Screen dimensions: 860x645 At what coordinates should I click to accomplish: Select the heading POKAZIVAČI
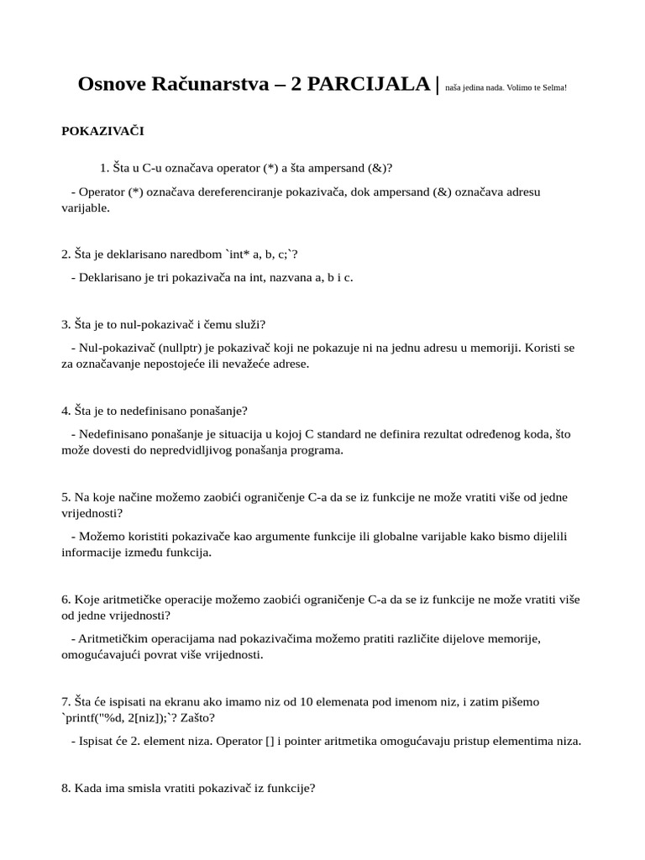[x=103, y=131]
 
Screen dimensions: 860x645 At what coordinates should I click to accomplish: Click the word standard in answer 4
[x=340, y=434]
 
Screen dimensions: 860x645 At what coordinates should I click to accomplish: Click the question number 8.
[x=66, y=788]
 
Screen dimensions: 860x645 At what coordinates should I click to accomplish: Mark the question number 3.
[x=66, y=324]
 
